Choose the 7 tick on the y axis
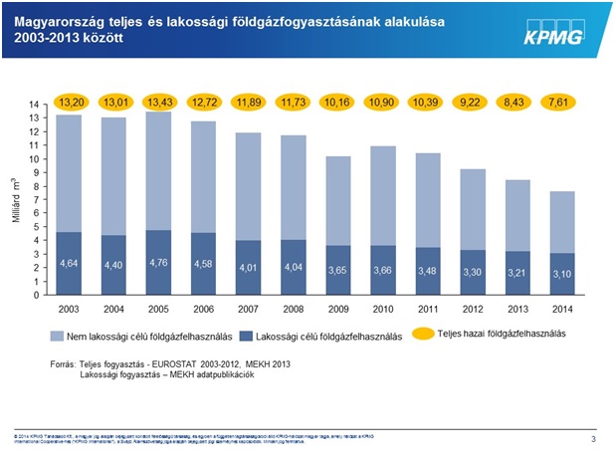click(x=35, y=199)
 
